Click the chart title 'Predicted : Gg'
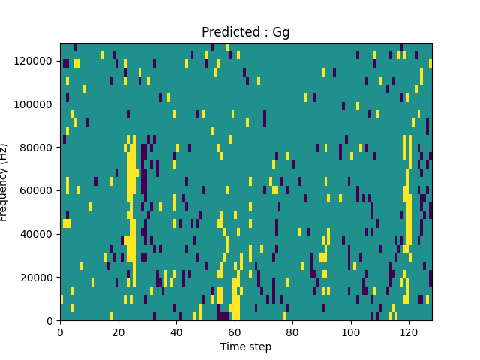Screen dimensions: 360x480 (245, 32)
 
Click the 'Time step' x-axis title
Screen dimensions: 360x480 (245, 346)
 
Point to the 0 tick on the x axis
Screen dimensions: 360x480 (60, 331)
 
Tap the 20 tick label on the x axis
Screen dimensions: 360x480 (118, 331)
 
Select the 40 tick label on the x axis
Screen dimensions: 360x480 (176, 331)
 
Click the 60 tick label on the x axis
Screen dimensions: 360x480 (234, 331)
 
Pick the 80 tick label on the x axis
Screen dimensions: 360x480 (292, 331)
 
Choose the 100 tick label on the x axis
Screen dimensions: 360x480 (350, 331)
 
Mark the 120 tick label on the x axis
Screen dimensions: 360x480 (409, 331)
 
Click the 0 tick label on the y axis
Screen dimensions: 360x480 (51, 320)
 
